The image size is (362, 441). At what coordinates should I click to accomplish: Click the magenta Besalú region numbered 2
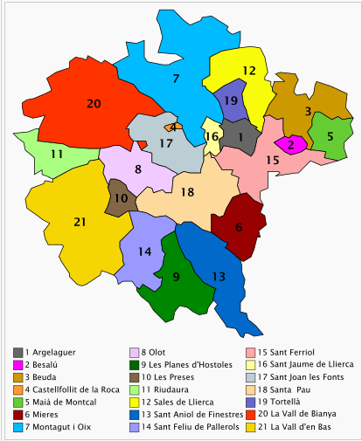tap(290, 145)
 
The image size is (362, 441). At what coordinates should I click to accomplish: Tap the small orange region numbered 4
tap(172, 127)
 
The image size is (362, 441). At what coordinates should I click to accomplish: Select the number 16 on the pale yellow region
tap(212, 137)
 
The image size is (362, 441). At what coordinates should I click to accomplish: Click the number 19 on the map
tap(231, 101)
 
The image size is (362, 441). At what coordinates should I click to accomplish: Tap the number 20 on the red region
tap(94, 104)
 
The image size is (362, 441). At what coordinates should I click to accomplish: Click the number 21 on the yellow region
tap(80, 222)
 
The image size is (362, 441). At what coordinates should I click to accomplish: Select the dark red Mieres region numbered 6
tap(239, 227)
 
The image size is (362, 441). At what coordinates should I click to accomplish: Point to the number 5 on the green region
tap(330, 136)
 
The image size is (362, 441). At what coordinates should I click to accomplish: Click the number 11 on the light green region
tap(56, 154)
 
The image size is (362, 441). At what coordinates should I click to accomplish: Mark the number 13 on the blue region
tap(219, 277)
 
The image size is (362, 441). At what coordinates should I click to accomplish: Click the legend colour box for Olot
tap(134, 352)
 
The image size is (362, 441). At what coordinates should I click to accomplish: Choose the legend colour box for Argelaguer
tap(18, 352)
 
